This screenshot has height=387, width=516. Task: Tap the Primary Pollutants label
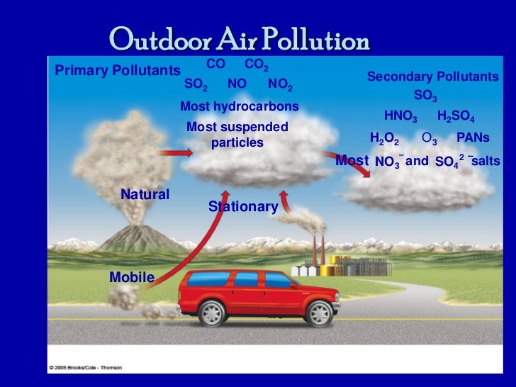point(117,70)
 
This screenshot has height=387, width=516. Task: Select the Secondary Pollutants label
point(432,77)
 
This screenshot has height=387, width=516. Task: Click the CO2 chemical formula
point(256,64)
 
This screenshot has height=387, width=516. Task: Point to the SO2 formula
point(196,84)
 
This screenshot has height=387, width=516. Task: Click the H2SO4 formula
point(456,116)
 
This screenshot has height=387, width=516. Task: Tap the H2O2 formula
point(384,138)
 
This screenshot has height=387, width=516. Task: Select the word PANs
point(473,138)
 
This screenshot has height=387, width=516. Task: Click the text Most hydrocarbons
point(240,106)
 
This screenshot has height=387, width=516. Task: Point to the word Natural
point(145,193)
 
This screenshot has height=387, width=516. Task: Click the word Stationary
point(242,206)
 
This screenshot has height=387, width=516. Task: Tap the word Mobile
point(131,277)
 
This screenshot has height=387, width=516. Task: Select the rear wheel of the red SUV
point(212,311)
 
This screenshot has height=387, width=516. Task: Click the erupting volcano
point(139,234)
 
